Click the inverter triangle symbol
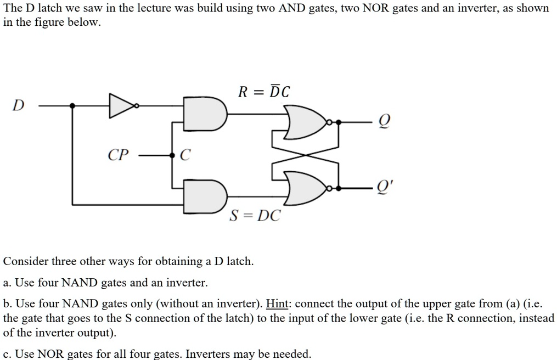point(121,105)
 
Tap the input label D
point(18,105)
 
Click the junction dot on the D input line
point(73,105)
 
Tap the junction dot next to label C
point(172,155)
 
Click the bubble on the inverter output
point(137,105)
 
